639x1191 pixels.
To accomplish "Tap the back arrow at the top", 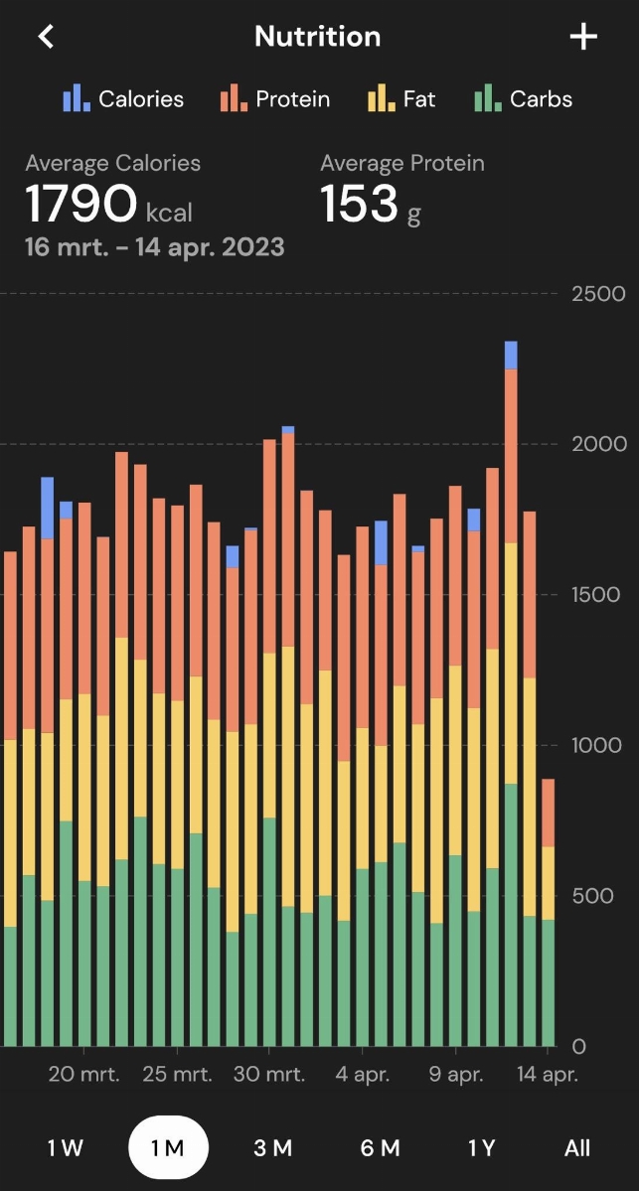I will point(46,37).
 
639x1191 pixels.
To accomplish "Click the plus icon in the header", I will point(583,37).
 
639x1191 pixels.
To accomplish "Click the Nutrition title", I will point(317,37).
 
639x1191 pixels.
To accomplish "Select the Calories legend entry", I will point(124,99).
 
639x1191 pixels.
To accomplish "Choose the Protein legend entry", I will point(276,99).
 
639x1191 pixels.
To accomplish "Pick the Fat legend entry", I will point(402,99).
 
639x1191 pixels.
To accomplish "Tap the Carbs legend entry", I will point(524,99).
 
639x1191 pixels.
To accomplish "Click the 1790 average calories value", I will point(80,204).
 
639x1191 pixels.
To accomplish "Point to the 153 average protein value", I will point(359,204).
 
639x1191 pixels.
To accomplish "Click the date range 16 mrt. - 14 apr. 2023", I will point(155,246).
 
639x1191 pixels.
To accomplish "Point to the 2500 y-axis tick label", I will point(598,294).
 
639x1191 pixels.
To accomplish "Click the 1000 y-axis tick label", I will point(596,745).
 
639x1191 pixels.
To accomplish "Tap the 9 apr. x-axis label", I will point(456,1074).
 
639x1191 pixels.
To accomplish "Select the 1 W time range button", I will point(66,1148).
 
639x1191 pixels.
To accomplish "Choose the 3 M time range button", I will point(272,1148).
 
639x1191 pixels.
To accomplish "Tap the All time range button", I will point(577,1148).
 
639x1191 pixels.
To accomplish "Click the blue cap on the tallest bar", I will point(511,355).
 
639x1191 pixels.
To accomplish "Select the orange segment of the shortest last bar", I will point(549,813).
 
